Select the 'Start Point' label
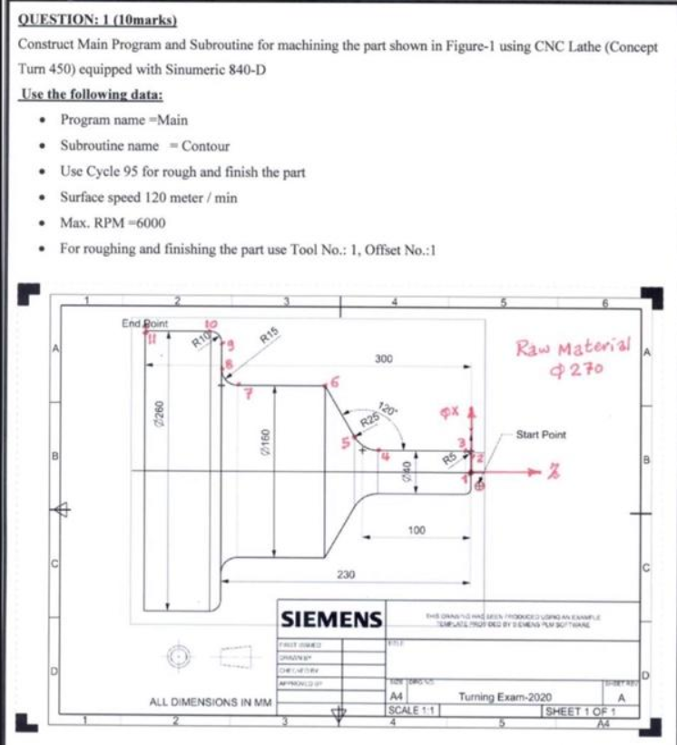541,435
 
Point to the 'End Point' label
144,322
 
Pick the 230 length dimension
346,574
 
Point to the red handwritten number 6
336,385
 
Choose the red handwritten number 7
257,394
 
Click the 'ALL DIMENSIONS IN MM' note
211,702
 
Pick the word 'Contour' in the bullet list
205,145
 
